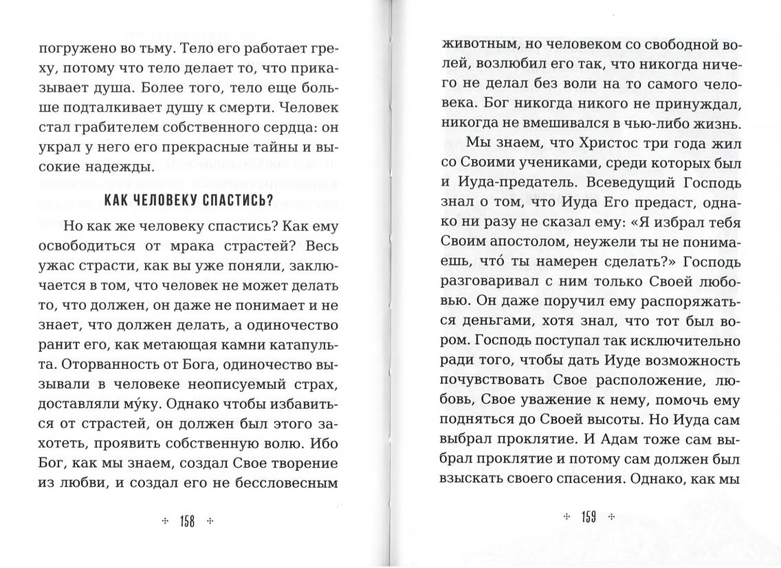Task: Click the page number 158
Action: (x=188, y=522)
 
